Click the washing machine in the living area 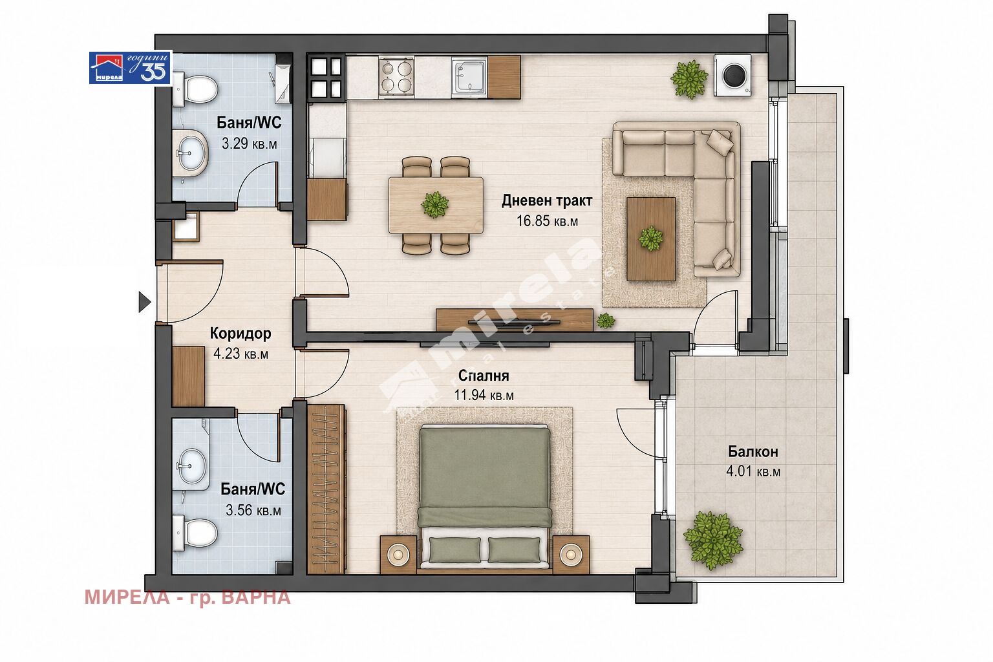tap(732, 75)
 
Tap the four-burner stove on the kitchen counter tap(396, 76)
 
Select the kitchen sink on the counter tap(469, 77)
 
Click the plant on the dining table tap(435, 205)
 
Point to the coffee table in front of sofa tap(651, 239)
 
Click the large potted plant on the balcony tap(713, 540)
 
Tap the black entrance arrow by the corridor tap(145, 302)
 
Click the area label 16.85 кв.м tap(547, 221)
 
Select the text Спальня tap(483, 376)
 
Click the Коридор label tap(240, 333)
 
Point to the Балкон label tap(753, 451)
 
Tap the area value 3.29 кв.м tap(249, 144)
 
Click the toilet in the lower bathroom tap(195, 533)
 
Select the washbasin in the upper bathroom tap(190, 153)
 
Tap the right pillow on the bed tap(514, 550)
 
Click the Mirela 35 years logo tap(131, 67)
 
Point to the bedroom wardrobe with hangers tap(326, 489)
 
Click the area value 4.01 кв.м tap(753, 471)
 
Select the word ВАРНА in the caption tap(256, 597)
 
